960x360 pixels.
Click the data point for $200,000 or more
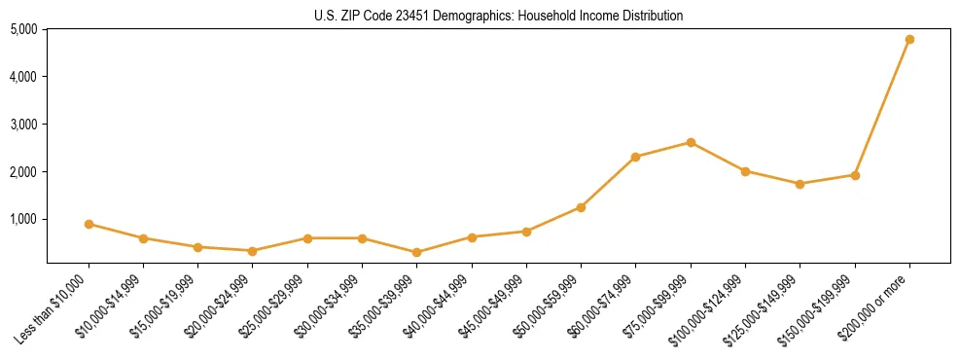pos(909,39)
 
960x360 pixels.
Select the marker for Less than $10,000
pos(89,224)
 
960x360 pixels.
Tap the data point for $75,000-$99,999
pos(691,142)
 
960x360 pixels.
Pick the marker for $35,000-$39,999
pos(417,252)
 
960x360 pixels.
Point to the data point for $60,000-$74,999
pos(636,157)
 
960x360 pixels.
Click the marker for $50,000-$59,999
pos(581,207)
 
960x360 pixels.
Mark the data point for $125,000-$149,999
pos(800,184)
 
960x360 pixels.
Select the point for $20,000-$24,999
pos(253,251)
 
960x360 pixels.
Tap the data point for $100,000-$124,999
pos(745,171)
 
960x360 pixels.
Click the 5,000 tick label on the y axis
pos(23,29)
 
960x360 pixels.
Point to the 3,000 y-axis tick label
pos(23,125)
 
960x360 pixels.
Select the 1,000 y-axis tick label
pos(23,220)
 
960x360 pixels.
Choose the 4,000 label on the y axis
pos(23,77)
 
